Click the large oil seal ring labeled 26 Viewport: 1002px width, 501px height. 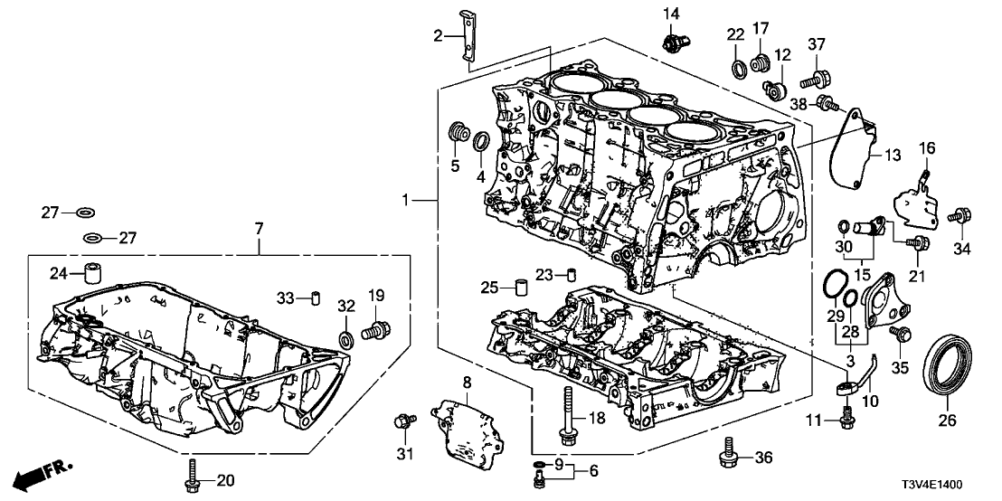click(x=948, y=364)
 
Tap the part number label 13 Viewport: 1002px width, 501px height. click(x=893, y=156)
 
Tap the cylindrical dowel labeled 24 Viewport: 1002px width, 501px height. click(x=90, y=272)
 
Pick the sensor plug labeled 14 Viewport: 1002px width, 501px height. click(x=674, y=42)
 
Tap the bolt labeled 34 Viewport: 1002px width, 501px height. click(x=956, y=217)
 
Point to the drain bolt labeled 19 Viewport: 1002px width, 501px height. click(x=373, y=330)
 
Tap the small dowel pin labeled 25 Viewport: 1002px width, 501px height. click(x=521, y=289)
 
